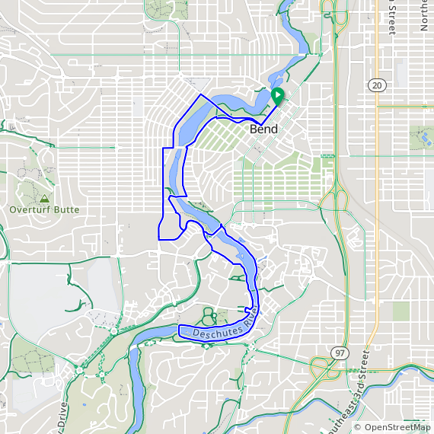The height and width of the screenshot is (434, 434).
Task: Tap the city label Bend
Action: coord(263,129)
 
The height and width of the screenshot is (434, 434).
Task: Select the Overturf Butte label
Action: coord(44,209)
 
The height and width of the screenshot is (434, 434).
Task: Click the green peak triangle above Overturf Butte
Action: coord(44,198)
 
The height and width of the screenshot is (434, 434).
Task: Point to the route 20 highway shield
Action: coord(377,85)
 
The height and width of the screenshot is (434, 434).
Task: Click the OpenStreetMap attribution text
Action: coord(397,428)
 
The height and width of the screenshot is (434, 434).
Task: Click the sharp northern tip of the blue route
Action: coord(200,95)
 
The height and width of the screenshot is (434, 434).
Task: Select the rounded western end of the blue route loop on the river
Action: coord(180,330)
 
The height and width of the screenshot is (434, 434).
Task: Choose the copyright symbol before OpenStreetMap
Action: coord(358,428)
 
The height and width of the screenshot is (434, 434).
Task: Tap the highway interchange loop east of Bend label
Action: coord(335,200)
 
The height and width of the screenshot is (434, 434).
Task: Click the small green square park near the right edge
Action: coord(400,311)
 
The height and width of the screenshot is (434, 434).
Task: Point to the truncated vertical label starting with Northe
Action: coord(424,15)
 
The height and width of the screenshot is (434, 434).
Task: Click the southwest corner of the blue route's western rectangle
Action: coord(158,238)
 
